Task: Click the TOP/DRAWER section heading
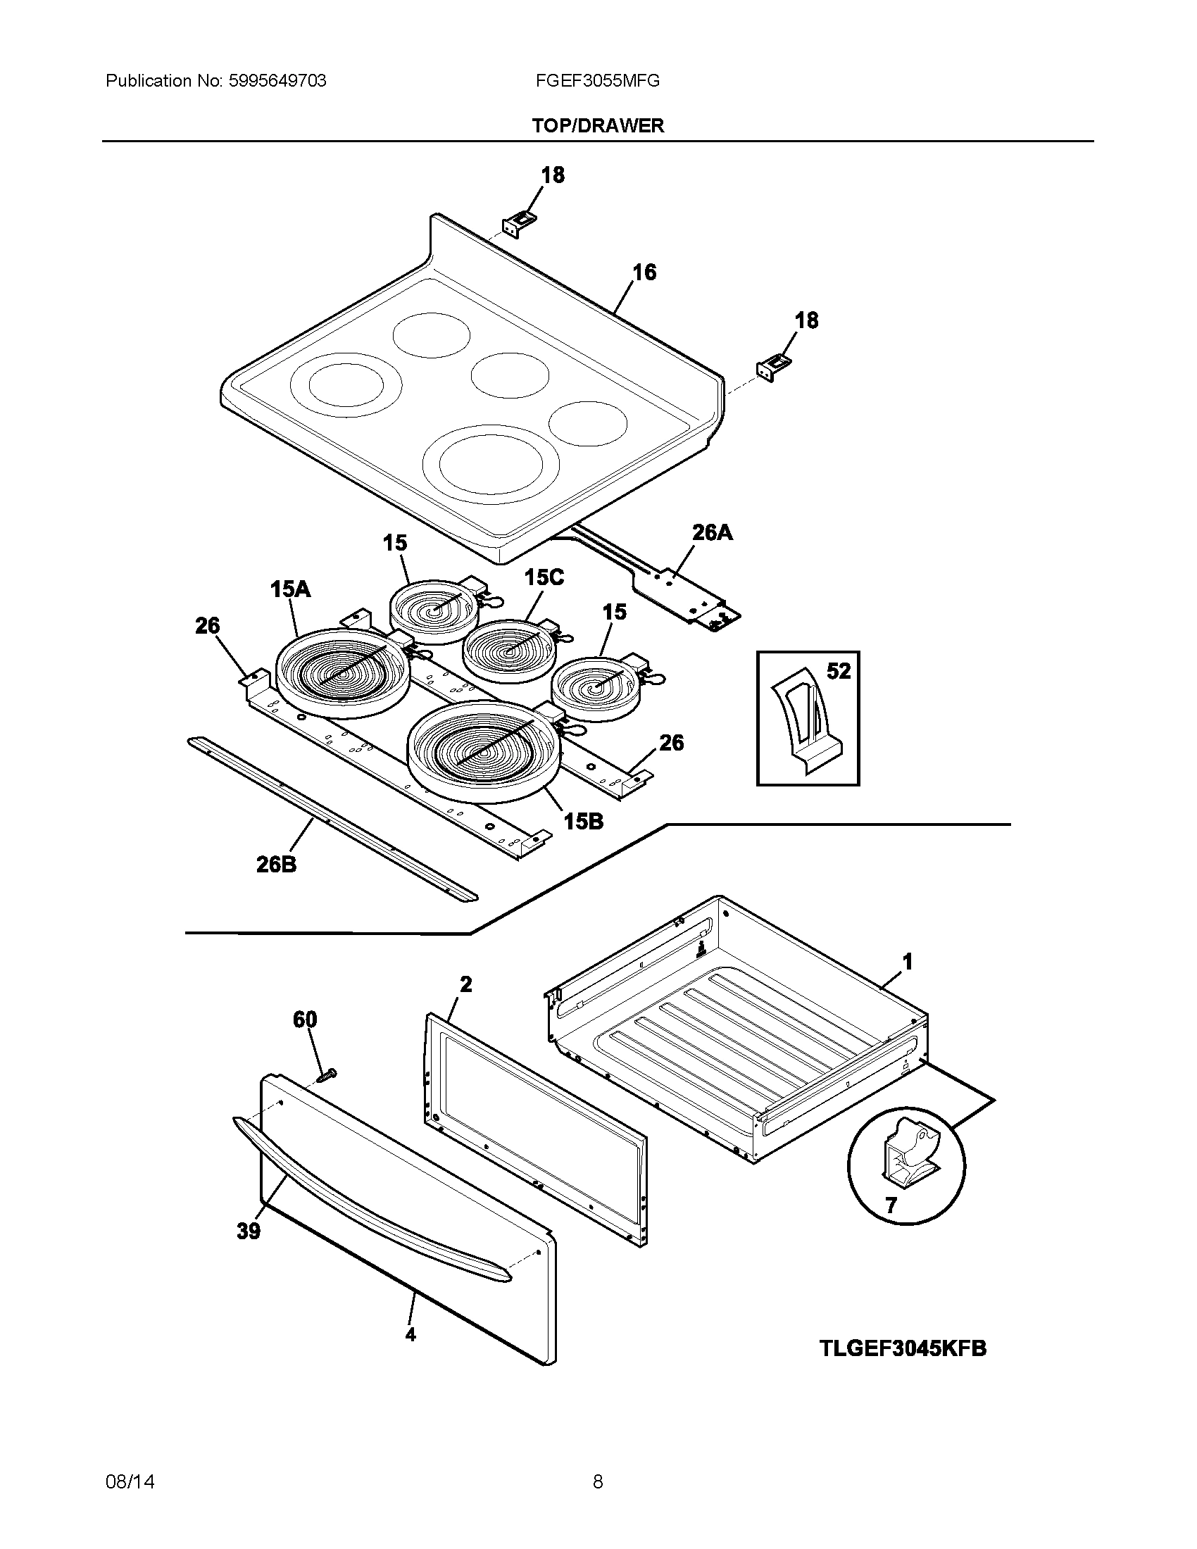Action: pos(598,125)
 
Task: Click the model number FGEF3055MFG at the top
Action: pos(598,81)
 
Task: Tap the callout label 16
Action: pos(644,272)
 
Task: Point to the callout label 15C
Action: pos(544,577)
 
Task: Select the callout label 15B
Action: pos(583,821)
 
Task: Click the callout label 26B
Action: pos(277,864)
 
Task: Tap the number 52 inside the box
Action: pos(838,670)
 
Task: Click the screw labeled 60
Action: pos(326,1076)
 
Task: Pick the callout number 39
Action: pos(248,1231)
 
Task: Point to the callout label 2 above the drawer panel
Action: pos(466,984)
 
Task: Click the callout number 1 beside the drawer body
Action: pos(907,962)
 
